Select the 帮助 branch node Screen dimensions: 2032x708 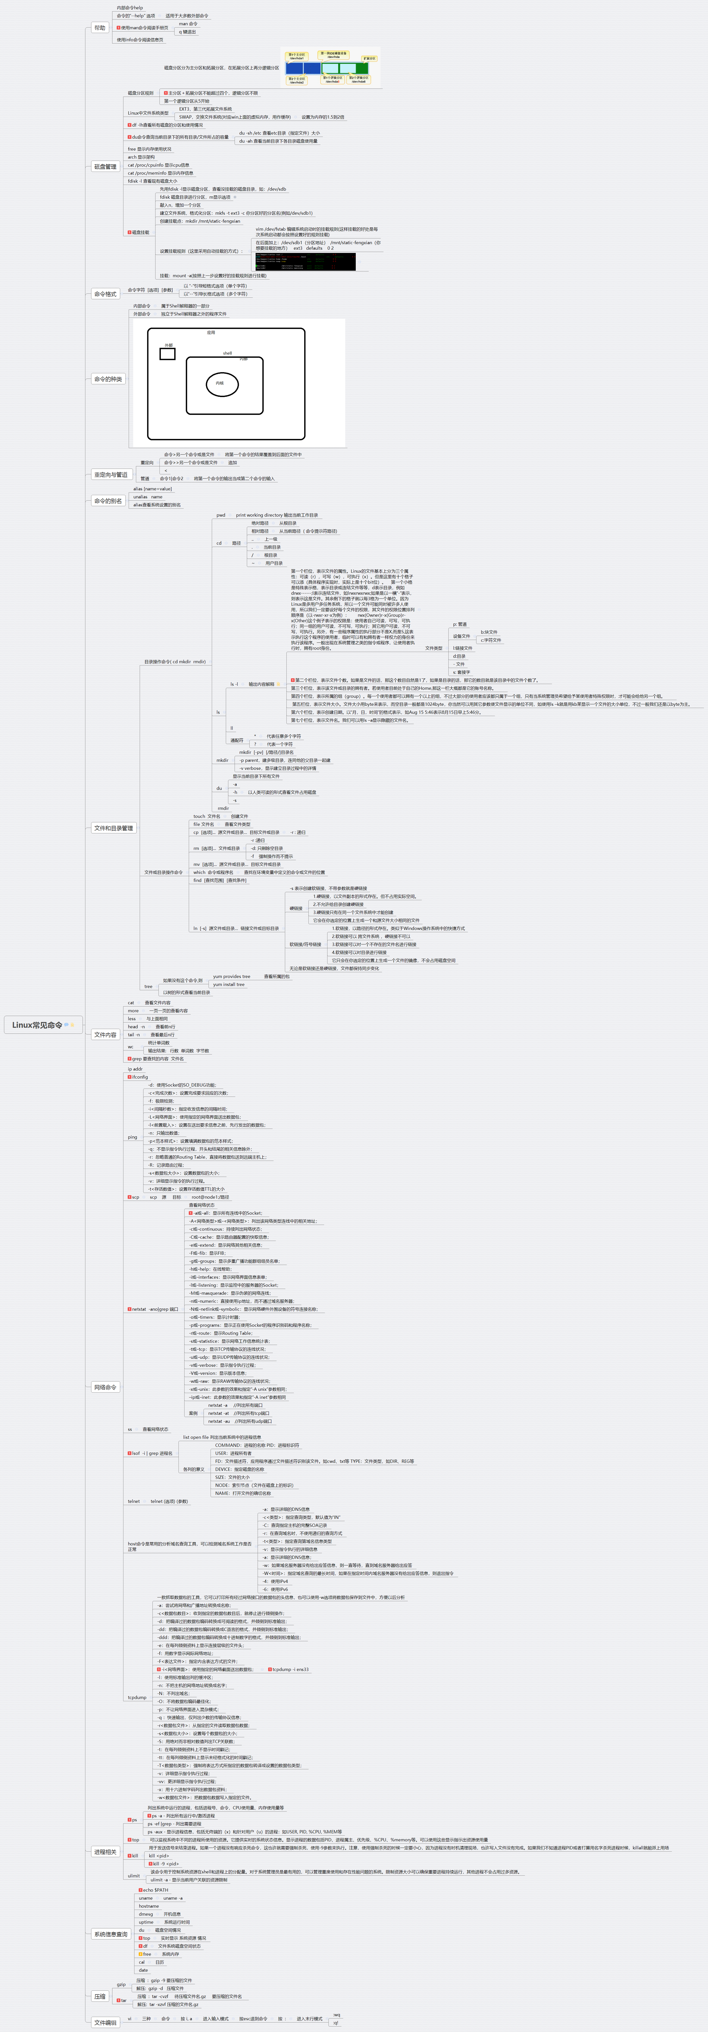[x=99, y=28]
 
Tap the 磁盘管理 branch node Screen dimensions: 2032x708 [x=105, y=166]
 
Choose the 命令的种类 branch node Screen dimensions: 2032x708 [x=108, y=379]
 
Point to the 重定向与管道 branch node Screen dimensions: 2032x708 [x=110, y=475]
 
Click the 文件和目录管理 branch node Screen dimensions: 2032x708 [x=114, y=827]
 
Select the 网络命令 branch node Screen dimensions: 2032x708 [x=105, y=1387]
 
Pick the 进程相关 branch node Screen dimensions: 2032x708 [x=105, y=1851]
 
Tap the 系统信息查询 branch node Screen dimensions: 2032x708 [x=110, y=1933]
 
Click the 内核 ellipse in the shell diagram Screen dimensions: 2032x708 [x=221, y=383]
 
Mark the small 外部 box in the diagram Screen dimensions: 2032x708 [x=167, y=354]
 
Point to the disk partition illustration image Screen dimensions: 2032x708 [x=331, y=68]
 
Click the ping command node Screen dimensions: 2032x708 [x=132, y=1137]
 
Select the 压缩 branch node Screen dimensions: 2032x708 [x=100, y=1996]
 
